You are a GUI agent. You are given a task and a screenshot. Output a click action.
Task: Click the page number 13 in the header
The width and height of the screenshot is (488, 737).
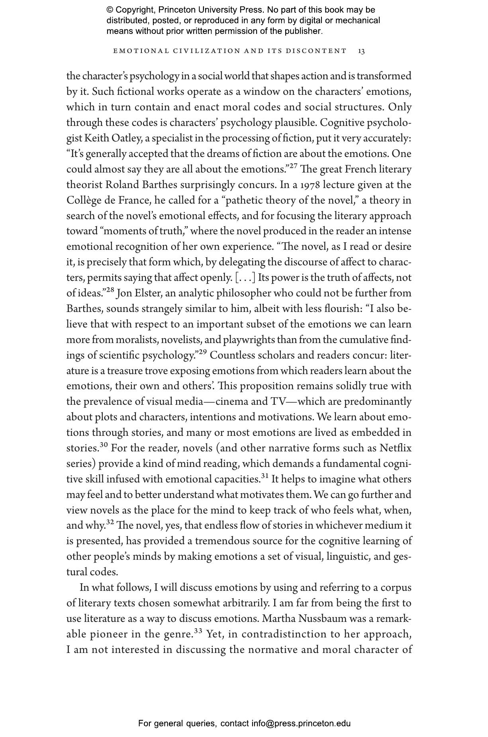pyautogui.click(x=361, y=51)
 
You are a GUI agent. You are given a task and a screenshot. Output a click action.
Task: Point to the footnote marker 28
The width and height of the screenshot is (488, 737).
pyautogui.click(x=110, y=290)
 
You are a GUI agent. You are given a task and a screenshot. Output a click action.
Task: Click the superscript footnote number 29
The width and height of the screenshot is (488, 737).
pyautogui.click(x=202, y=352)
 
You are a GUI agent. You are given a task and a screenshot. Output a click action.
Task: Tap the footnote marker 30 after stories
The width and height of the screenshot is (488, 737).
pyautogui.click(x=104, y=445)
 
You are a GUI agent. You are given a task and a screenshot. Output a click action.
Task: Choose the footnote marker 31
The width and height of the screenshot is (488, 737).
pyautogui.click(x=265, y=476)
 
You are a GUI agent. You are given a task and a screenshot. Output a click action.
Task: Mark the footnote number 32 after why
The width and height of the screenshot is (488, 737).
pyautogui.click(x=110, y=522)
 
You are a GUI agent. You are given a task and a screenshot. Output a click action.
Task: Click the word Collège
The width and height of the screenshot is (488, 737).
pyautogui.click(x=82, y=200)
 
